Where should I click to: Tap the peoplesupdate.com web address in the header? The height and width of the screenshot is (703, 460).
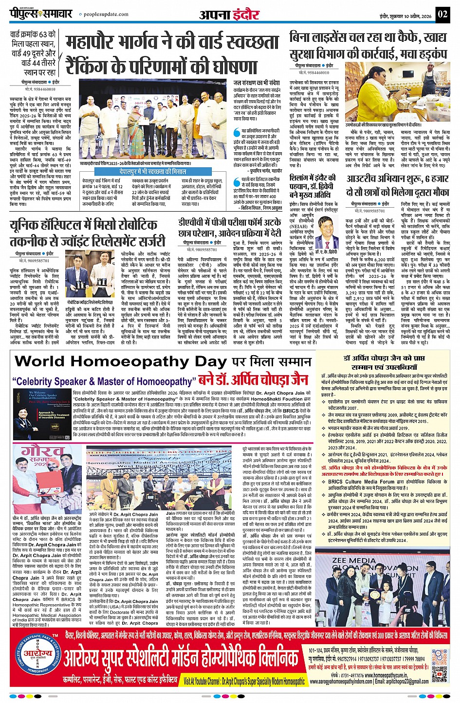pyautogui.click(x=104, y=15)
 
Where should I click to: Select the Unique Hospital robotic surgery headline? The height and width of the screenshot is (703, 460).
pyautogui.click(x=90, y=233)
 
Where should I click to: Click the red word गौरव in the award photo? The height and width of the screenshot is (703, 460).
pyautogui.click(x=35, y=451)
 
